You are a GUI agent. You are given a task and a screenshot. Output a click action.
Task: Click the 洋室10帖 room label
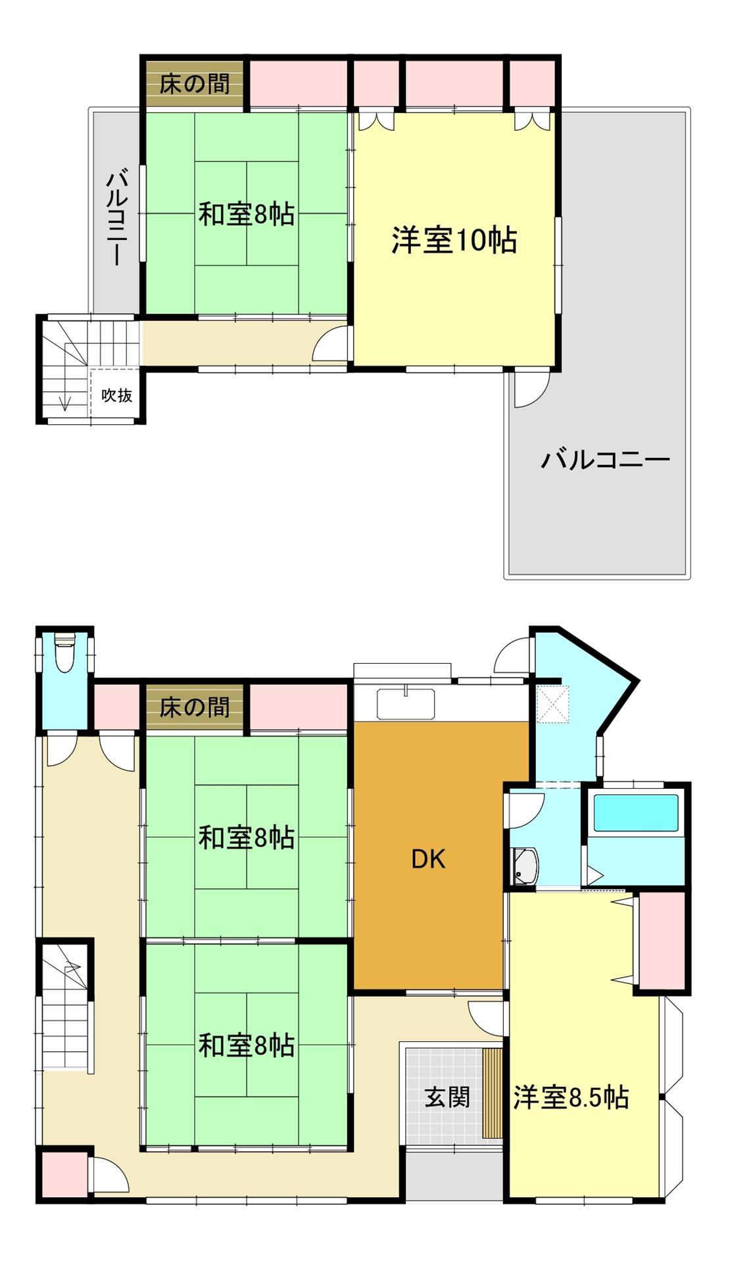[454, 241]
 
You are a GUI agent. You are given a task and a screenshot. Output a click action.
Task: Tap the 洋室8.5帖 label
[571, 1098]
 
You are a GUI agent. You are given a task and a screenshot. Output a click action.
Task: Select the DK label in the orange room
[428, 859]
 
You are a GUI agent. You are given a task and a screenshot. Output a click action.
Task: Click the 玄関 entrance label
[447, 1097]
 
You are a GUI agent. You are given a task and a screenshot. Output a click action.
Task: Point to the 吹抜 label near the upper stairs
[116, 395]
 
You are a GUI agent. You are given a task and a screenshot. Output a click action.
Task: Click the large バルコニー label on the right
[604, 459]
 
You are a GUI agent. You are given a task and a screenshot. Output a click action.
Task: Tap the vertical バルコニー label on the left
[117, 217]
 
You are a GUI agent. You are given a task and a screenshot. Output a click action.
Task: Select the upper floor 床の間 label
[194, 84]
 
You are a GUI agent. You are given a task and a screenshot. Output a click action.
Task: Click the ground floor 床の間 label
[194, 708]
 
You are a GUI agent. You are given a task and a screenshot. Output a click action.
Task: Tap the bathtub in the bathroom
[635, 814]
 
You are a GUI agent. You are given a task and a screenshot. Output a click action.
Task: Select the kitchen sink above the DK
[406, 704]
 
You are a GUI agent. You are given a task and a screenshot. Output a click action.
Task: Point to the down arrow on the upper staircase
[65, 402]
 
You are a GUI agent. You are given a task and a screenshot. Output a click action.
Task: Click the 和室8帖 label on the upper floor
[246, 214]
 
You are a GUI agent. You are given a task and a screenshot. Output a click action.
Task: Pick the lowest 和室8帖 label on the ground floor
[246, 1046]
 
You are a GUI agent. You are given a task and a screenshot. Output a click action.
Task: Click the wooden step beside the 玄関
[492, 1093]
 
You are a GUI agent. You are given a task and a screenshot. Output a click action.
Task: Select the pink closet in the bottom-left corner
[62, 1174]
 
